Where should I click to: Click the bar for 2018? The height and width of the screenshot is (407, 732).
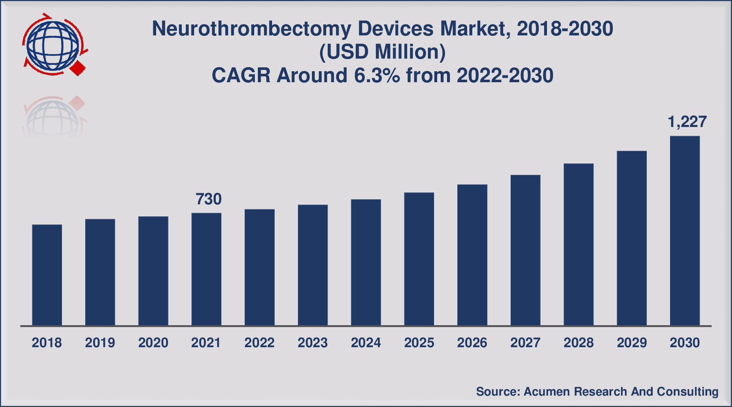tap(47, 275)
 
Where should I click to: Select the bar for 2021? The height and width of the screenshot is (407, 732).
tap(206, 269)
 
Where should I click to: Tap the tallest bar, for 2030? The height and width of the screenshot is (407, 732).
tap(685, 231)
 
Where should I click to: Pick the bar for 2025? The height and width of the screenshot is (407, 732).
tap(419, 259)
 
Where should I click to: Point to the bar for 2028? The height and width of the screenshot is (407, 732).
tap(578, 244)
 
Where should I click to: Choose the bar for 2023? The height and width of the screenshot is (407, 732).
tap(313, 265)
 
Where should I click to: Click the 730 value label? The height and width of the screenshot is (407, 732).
tap(209, 199)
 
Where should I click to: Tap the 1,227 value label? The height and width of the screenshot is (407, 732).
tap(687, 122)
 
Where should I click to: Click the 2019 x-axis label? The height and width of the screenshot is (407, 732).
tap(100, 343)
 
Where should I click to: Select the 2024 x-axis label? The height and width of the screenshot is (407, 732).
tap(366, 343)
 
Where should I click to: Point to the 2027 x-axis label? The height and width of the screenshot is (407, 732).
tap(525, 343)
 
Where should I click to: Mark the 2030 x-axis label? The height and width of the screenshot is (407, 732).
tap(685, 343)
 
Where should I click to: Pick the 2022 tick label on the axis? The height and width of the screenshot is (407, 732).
tap(259, 343)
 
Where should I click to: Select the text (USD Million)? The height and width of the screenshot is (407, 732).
tap(382, 52)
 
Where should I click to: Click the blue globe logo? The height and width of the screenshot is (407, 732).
tap(52, 45)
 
